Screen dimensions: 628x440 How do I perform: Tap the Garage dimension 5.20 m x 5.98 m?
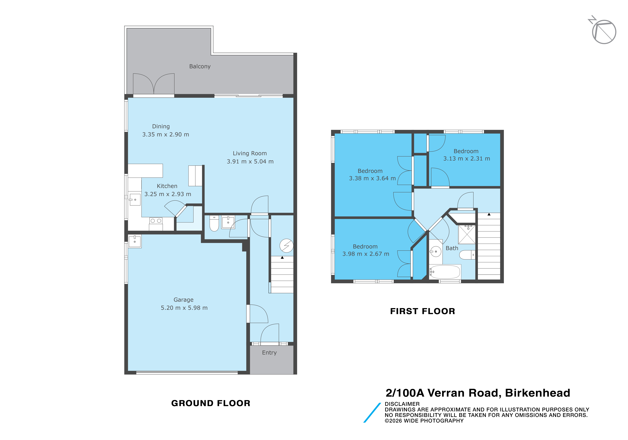click(184, 308)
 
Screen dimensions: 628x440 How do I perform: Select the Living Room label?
click(250, 153)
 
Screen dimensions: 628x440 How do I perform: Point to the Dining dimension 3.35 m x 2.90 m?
click(165, 134)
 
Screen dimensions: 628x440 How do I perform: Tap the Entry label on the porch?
click(269, 353)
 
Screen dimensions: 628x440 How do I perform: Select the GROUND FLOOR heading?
click(211, 403)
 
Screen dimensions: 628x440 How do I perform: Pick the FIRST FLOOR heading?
click(423, 311)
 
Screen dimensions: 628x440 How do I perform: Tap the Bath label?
click(452, 248)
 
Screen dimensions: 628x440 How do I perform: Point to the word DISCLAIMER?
click(402, 404)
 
